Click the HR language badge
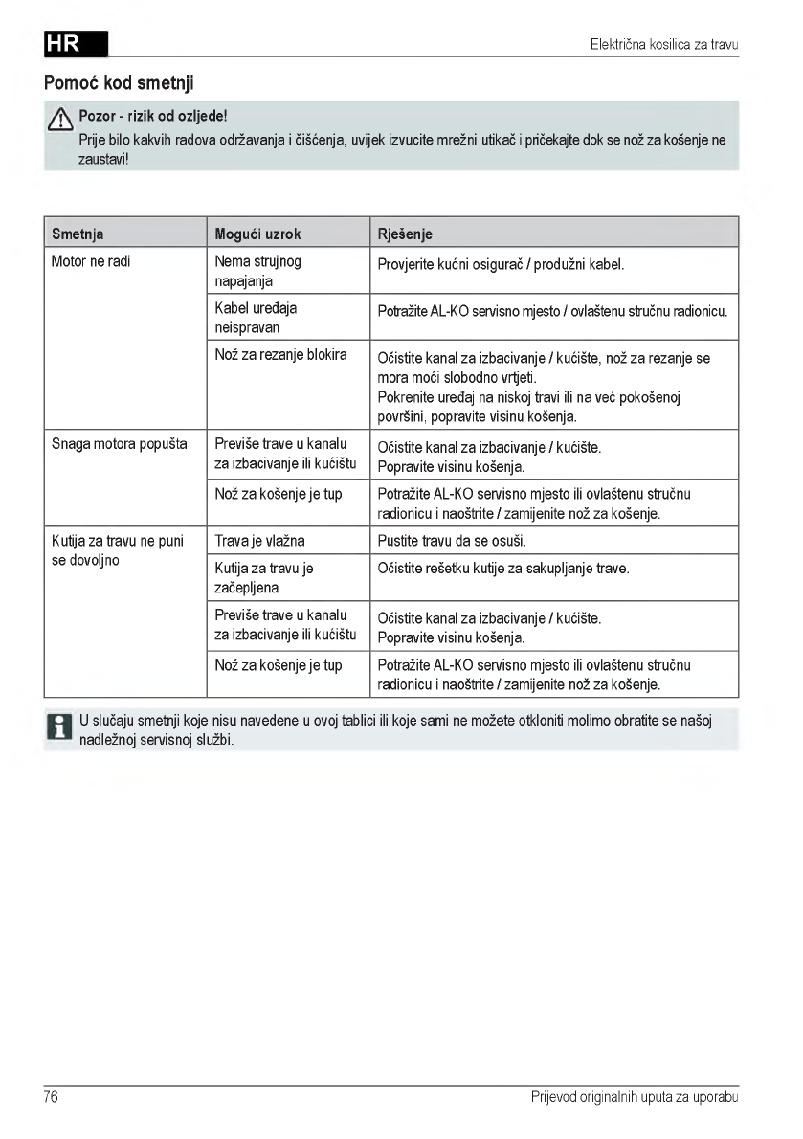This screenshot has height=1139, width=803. (76, 44)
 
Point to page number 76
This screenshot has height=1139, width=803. (52, 1097)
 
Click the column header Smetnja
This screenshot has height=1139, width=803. (78, 234)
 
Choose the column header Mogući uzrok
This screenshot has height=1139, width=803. (257, 234)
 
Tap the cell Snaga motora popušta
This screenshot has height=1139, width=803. (119, 445)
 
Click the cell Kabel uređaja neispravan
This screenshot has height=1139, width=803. (256, 318)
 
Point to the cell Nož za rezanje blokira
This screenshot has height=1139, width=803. (280, 355)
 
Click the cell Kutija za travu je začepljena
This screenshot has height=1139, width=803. (264, 578)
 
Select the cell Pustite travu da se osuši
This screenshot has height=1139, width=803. (452, 541)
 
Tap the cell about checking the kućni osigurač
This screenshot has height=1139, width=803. (501, 264)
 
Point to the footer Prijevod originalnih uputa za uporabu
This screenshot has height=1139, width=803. (635, 1097)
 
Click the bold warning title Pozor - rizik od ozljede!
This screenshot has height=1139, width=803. (153, 117)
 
